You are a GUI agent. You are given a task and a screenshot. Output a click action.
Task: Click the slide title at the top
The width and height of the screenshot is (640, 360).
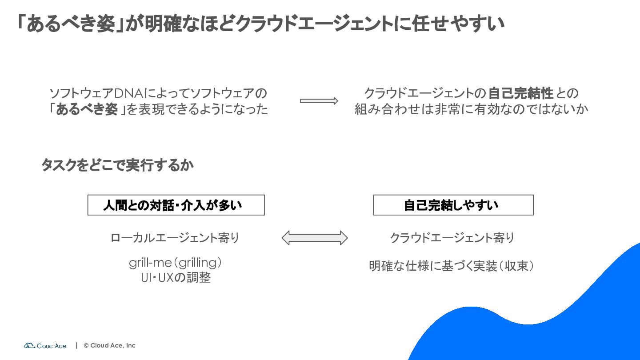click(x=260, y=23)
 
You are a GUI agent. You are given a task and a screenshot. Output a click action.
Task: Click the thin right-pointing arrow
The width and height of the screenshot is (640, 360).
click(x=319, y=101)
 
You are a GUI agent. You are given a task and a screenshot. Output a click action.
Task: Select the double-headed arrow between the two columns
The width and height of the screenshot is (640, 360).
click(x=315, y=238)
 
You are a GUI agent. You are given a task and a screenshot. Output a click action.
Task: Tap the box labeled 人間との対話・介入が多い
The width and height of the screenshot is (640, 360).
click(x=176, y=205)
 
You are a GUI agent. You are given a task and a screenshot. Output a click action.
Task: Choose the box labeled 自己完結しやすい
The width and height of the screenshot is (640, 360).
click(x=453, y=205)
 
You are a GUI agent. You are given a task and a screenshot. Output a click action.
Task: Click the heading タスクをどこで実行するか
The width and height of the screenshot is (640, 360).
click(x=117, y=165)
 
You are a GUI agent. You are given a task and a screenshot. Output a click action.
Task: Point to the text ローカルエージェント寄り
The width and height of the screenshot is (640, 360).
click(x=175, y=238)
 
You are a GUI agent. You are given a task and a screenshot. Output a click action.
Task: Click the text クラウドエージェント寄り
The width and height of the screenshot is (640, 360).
click(x=452, y=238)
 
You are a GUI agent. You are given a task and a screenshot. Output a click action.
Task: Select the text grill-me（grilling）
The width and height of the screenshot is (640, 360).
click(x=176, y=263)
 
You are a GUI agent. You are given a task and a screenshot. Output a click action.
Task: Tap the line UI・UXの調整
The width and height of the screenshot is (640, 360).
click(x=176, y=278)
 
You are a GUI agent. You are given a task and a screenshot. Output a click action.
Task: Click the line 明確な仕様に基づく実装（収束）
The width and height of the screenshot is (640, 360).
click(x=452, y=266)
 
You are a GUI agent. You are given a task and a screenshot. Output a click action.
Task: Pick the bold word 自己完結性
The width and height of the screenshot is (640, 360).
click(x=520, y=93)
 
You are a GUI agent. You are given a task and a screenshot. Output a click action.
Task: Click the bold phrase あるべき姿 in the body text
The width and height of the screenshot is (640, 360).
click(x=87, y=109)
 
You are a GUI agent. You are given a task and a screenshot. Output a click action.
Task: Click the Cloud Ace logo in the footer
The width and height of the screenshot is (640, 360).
click(x=45, y=346)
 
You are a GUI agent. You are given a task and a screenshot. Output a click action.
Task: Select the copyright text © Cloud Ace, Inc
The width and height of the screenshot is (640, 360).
click(x=109, y=345)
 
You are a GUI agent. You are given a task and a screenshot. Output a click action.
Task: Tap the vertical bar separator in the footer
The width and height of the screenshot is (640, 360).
click(x=76, y=345)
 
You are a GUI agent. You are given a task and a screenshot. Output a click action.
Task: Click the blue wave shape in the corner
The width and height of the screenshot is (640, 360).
click(x=543, y=328)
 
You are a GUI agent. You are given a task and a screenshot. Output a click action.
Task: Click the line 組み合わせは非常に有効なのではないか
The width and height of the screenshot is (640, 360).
click(x=471, y=109)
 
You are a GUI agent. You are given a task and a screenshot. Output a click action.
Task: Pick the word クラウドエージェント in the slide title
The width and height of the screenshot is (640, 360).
click(x=315, y=24)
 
